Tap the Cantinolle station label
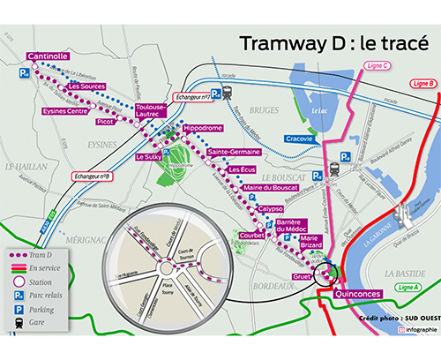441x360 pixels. coord(49,56)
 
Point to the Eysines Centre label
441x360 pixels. coord(65,111)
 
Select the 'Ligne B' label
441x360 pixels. coord(423,85)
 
